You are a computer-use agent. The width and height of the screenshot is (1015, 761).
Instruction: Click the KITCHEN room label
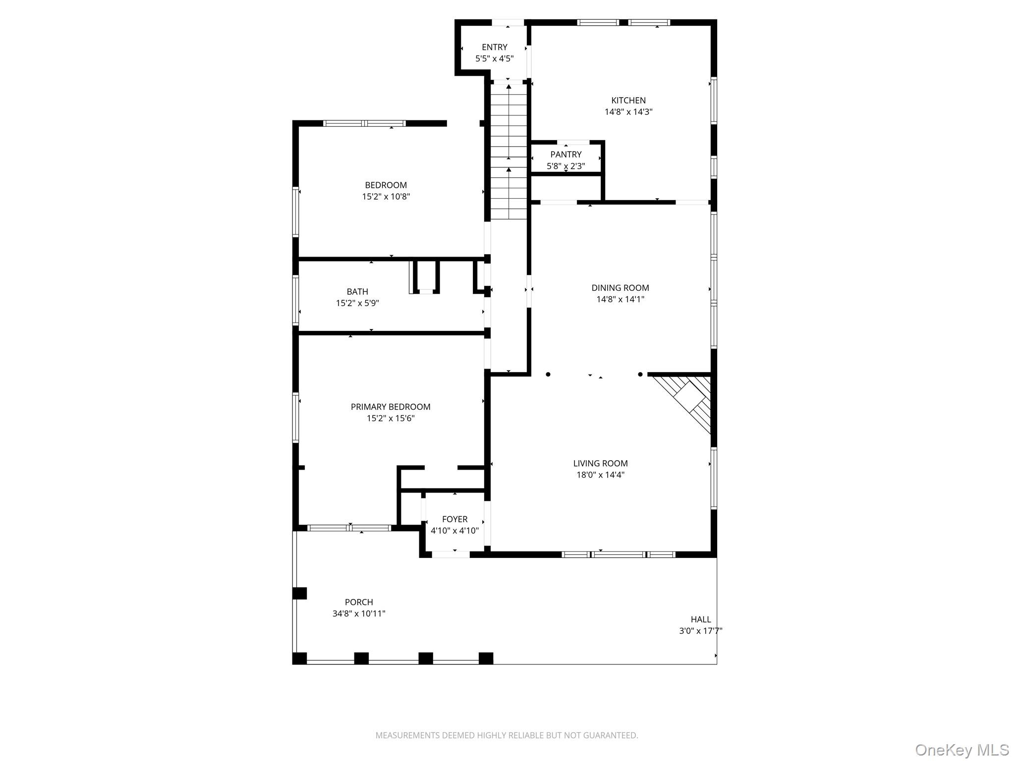pos(628,101)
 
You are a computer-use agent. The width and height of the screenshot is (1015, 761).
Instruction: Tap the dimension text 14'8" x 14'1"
pos(620,299)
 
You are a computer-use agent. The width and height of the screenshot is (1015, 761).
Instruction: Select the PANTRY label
pos(565,155)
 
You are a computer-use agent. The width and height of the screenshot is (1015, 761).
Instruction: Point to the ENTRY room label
pos(494,47)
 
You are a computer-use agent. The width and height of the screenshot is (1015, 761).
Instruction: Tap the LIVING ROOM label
pos(600,463)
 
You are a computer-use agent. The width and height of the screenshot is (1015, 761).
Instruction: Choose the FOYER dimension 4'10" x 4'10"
pos(454,531)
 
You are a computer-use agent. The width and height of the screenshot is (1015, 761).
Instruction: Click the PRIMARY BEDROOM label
pos(391,407)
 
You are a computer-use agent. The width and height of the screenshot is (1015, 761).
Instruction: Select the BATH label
pos(357,292)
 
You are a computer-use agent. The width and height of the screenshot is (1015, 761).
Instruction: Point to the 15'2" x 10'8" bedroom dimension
pos(386,197)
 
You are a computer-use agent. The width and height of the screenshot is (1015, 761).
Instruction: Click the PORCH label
pos(359,602)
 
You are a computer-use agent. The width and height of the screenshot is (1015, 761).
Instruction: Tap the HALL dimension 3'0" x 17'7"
pos(700,631)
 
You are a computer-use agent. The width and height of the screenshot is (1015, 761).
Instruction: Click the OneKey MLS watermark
pos(961,750)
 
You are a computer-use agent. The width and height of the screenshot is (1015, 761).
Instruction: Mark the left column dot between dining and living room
pos(548,375)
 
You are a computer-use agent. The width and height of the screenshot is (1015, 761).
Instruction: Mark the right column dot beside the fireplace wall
pos(640,375)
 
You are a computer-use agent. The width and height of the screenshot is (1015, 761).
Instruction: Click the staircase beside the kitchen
pos(508,151)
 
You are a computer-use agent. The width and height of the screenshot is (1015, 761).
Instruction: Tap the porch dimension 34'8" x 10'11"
pos(359,614)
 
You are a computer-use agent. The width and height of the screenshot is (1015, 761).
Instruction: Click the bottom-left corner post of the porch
pos(299,658)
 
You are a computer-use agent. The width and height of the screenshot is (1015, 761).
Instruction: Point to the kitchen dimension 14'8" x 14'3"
pos(628,112)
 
